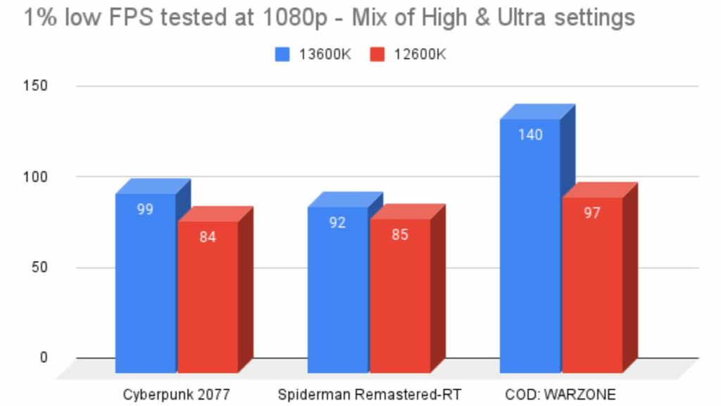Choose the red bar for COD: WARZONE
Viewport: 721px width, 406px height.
click(591, 289)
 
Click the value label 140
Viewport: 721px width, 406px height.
click(530, 135)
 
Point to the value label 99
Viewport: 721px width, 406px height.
click(145, 209)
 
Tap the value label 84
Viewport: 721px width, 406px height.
click(207, 237)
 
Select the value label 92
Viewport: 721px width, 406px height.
click(338, 223)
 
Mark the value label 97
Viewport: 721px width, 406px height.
click(592, 212)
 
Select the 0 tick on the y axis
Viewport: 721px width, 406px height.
click(44, 357)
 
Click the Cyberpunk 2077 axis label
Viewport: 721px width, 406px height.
click(177, 393)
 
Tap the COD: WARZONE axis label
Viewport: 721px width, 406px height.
click(560, 393)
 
